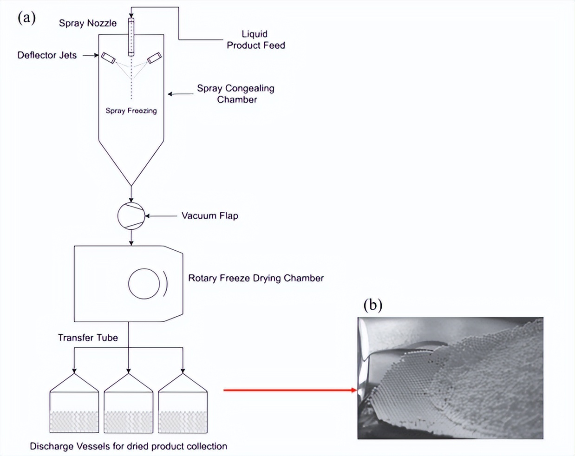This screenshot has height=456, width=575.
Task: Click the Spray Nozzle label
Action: (88, 23)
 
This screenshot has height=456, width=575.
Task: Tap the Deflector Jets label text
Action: (47, 55)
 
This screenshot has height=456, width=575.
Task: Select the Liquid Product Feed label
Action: (255, 39)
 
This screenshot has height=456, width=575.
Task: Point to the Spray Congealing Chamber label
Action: (236, 93)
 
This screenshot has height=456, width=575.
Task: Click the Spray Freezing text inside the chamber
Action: (131, 111)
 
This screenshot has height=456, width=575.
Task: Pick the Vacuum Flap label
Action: (209, 215)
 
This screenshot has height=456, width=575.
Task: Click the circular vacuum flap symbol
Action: (131, 216)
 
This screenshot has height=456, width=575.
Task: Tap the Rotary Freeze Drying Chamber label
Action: (255, 278)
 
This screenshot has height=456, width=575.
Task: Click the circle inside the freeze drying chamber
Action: (144, 283)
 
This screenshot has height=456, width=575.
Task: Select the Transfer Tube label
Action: (88, 338)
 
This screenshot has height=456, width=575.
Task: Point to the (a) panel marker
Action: (26, 17)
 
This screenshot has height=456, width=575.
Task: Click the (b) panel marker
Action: (372, 305)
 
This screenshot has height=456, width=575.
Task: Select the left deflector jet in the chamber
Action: (108, 58)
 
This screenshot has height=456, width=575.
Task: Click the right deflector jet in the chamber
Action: (154, 58)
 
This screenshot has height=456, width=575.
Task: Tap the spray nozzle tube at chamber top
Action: (131, 37)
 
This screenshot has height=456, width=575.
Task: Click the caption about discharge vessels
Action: (128, 446)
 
